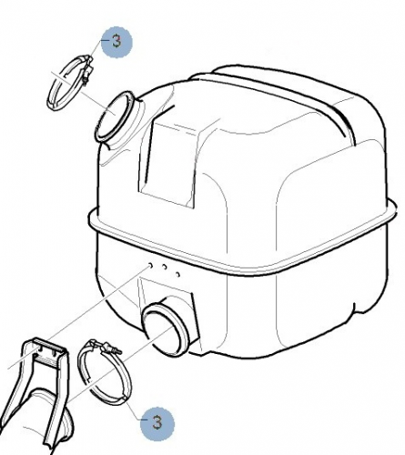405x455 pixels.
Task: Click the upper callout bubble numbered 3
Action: (116, 42)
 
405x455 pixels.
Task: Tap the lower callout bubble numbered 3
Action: (157, 423)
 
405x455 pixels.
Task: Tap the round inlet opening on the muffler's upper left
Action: (115, 116)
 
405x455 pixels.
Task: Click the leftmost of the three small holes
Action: (149, 266)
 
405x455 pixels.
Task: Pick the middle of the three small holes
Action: (164, 267)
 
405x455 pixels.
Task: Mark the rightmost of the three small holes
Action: (178, 274)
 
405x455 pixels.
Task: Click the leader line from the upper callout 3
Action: (96, 48)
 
